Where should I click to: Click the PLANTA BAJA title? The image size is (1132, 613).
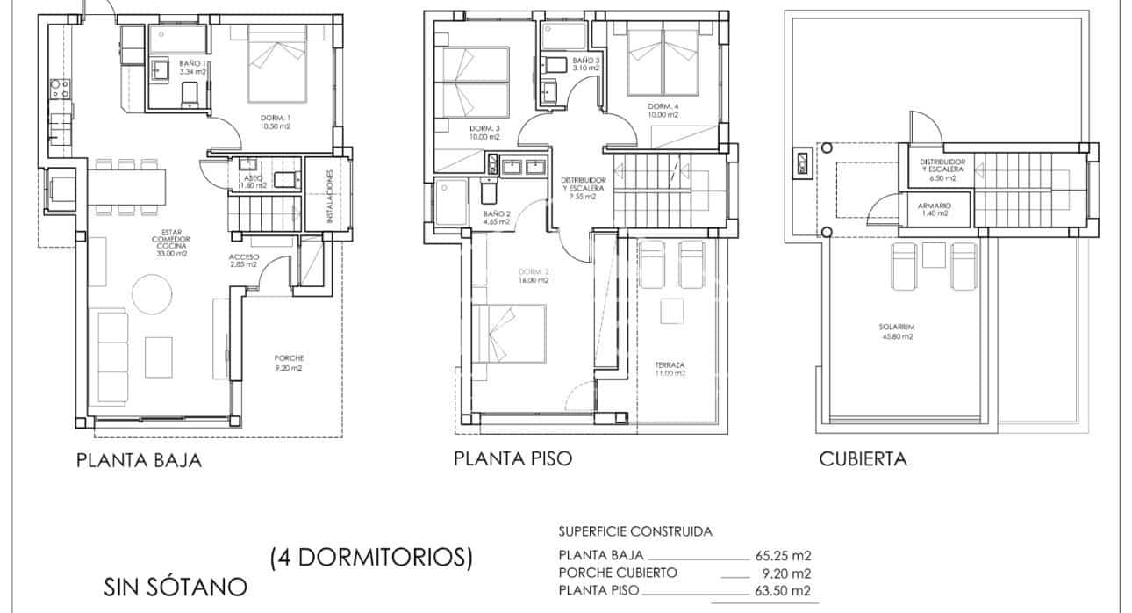[139, 460]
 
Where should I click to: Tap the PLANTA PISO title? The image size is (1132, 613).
[512, 458]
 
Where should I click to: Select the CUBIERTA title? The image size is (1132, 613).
[863, 458]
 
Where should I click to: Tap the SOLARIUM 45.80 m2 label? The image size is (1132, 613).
[896, 331]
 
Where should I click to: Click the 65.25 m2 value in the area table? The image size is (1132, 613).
[783, 555]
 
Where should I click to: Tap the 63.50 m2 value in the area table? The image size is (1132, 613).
[783, 590]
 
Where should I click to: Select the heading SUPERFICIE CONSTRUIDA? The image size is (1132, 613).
[635, 531]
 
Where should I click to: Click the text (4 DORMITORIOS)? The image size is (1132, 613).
[372, 556]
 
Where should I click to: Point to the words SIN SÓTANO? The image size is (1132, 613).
[176, 586]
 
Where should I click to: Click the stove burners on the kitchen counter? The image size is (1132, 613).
[60, 88]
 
